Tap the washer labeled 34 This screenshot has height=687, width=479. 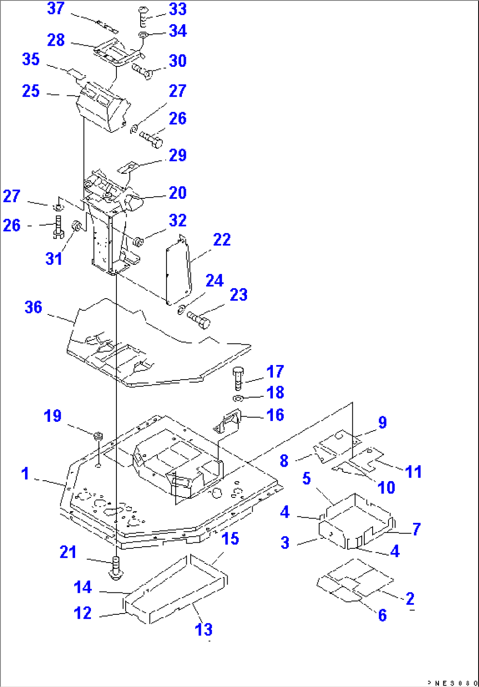[x=144, y=35]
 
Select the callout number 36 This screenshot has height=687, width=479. [x=33, y=307]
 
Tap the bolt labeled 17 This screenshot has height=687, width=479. [x=237, y=377]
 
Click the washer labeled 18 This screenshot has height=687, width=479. [x=237, y=398]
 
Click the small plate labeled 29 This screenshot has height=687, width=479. [x=128, y=168]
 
